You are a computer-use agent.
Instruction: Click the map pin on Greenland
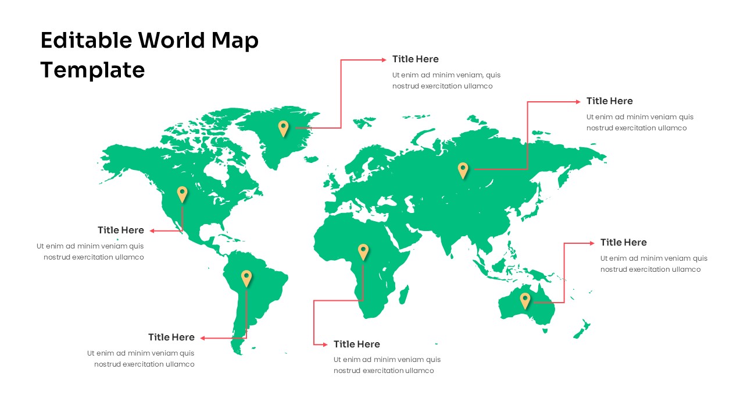pyautogui.click(x=283, y=127)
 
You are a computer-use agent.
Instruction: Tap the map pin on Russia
pyautogui.click(x=463, y=169)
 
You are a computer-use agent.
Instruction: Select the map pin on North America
pyautogui.click(x=183, y=193)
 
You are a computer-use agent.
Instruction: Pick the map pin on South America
pyautogui.click(x=246, y=277)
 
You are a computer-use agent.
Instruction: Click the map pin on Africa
pyautogui.click(x=363, y=251)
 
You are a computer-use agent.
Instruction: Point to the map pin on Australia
pyautogui.click(x=525, y=300)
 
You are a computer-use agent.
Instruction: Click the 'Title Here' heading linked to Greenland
pyautogui.click(x=415, y=59)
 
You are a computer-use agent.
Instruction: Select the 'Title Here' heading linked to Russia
pyautogui.click(x=609, y=101)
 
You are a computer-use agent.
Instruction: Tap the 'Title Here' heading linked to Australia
pyautogui.click(x=623, y=242)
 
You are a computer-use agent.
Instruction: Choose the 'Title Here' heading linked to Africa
pyautogui.click(x=356, y=344)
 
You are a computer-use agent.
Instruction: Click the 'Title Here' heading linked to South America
pyautogui.click(x=171, y=337)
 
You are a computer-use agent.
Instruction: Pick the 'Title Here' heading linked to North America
pyautogui.click(x=120, y=230)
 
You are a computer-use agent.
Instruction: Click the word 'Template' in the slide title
pyautogui.click(x=92, y=70)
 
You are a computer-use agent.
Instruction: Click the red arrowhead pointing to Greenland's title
pyautogui.click(x=383, y=59)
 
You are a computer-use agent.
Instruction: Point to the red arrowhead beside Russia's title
pyautogui.click(x=577, y=101)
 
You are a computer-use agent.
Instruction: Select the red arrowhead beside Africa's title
pyautogui.click(x=325, y=345)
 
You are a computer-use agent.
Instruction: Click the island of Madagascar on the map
pyautogui.click(x=405, y=291)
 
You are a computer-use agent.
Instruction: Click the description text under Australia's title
pyautogui.click(x=653, y=264)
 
